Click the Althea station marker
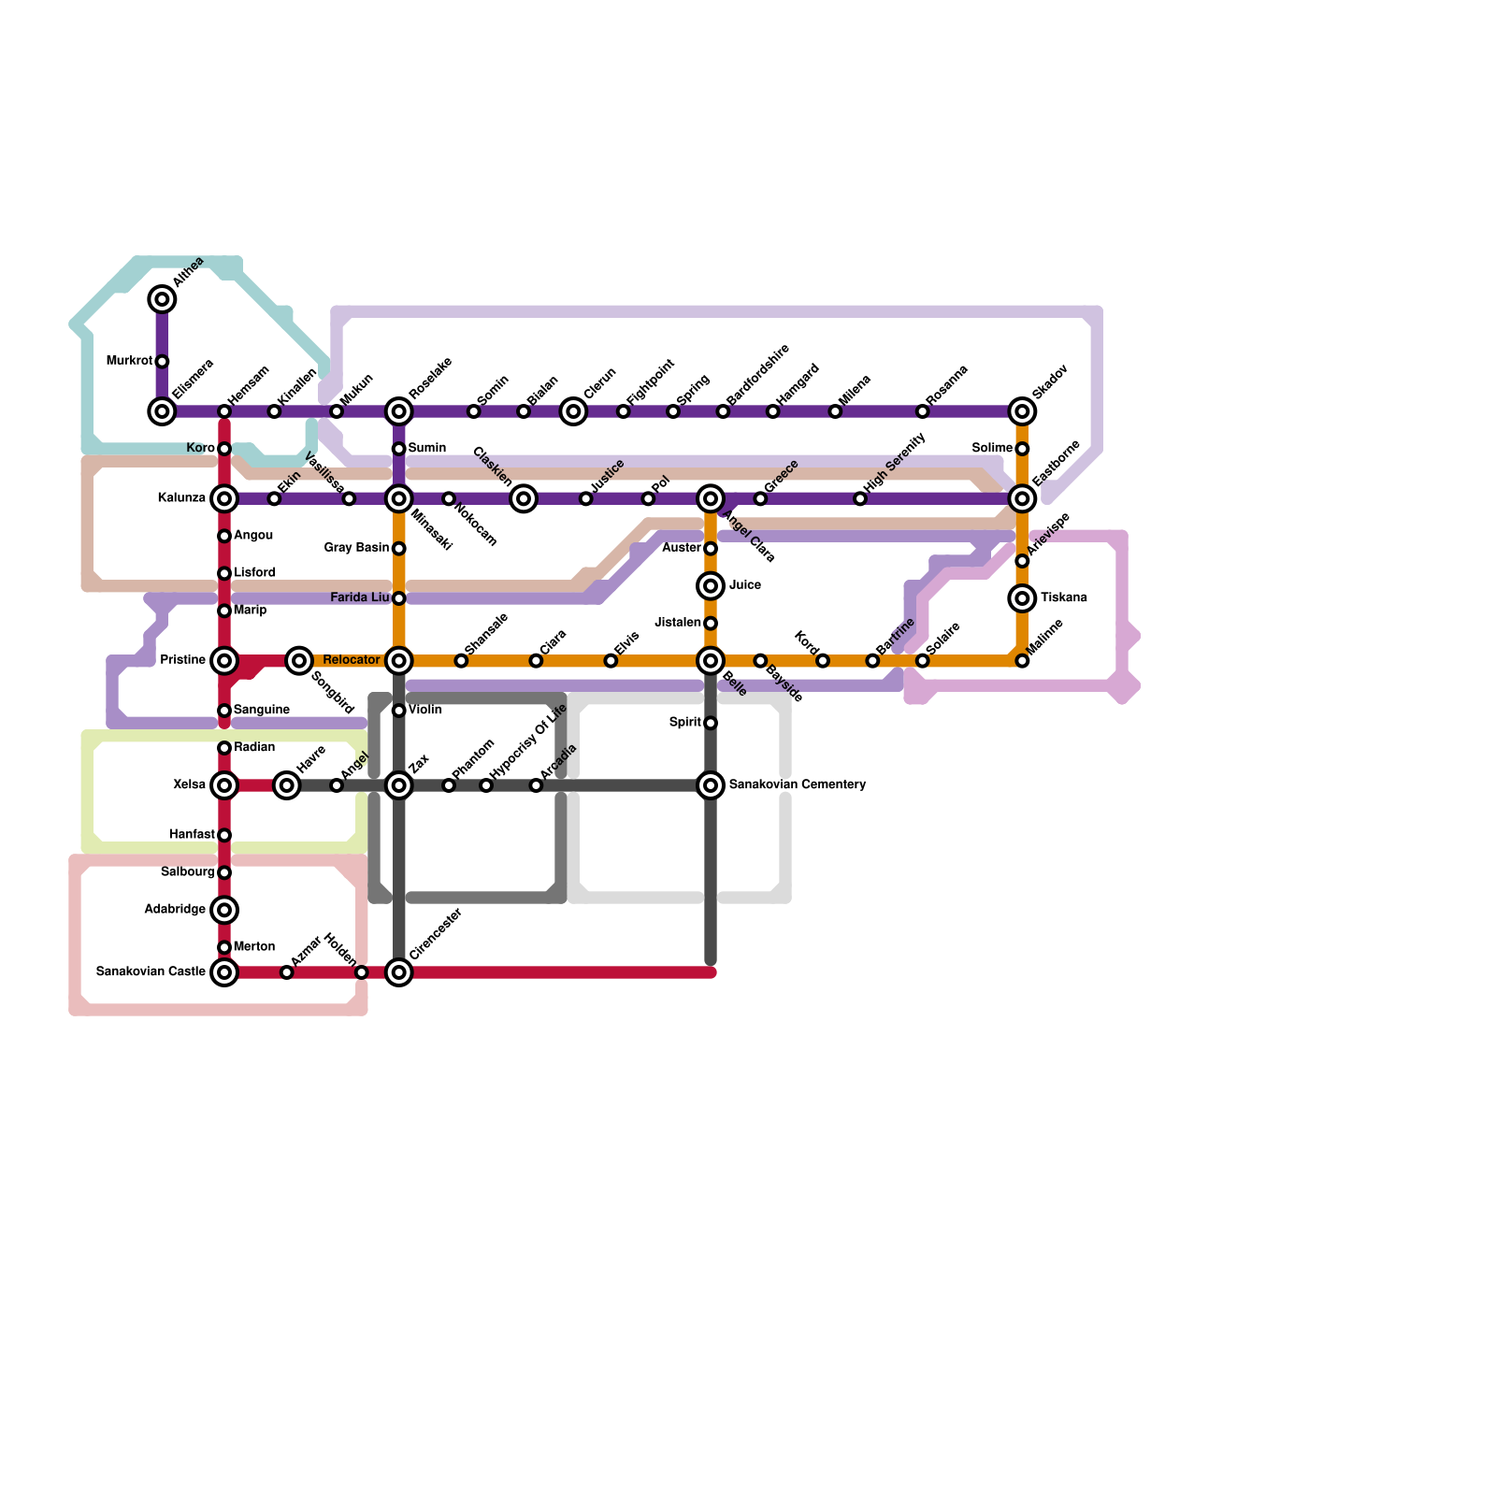162,299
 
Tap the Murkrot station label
129,361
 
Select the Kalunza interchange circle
224,498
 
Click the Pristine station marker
224,660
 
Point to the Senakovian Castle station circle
224,972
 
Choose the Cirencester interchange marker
399,972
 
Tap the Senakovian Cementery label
797,784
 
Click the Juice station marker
711,586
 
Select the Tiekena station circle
1023,597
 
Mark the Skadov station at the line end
1023,411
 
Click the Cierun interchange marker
573,411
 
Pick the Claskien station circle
524,499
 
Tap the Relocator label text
351,660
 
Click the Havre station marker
287,785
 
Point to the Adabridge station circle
224,909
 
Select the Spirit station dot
711,723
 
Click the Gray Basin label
356,548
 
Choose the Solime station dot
1023,449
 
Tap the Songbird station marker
299,660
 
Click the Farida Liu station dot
399,598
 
